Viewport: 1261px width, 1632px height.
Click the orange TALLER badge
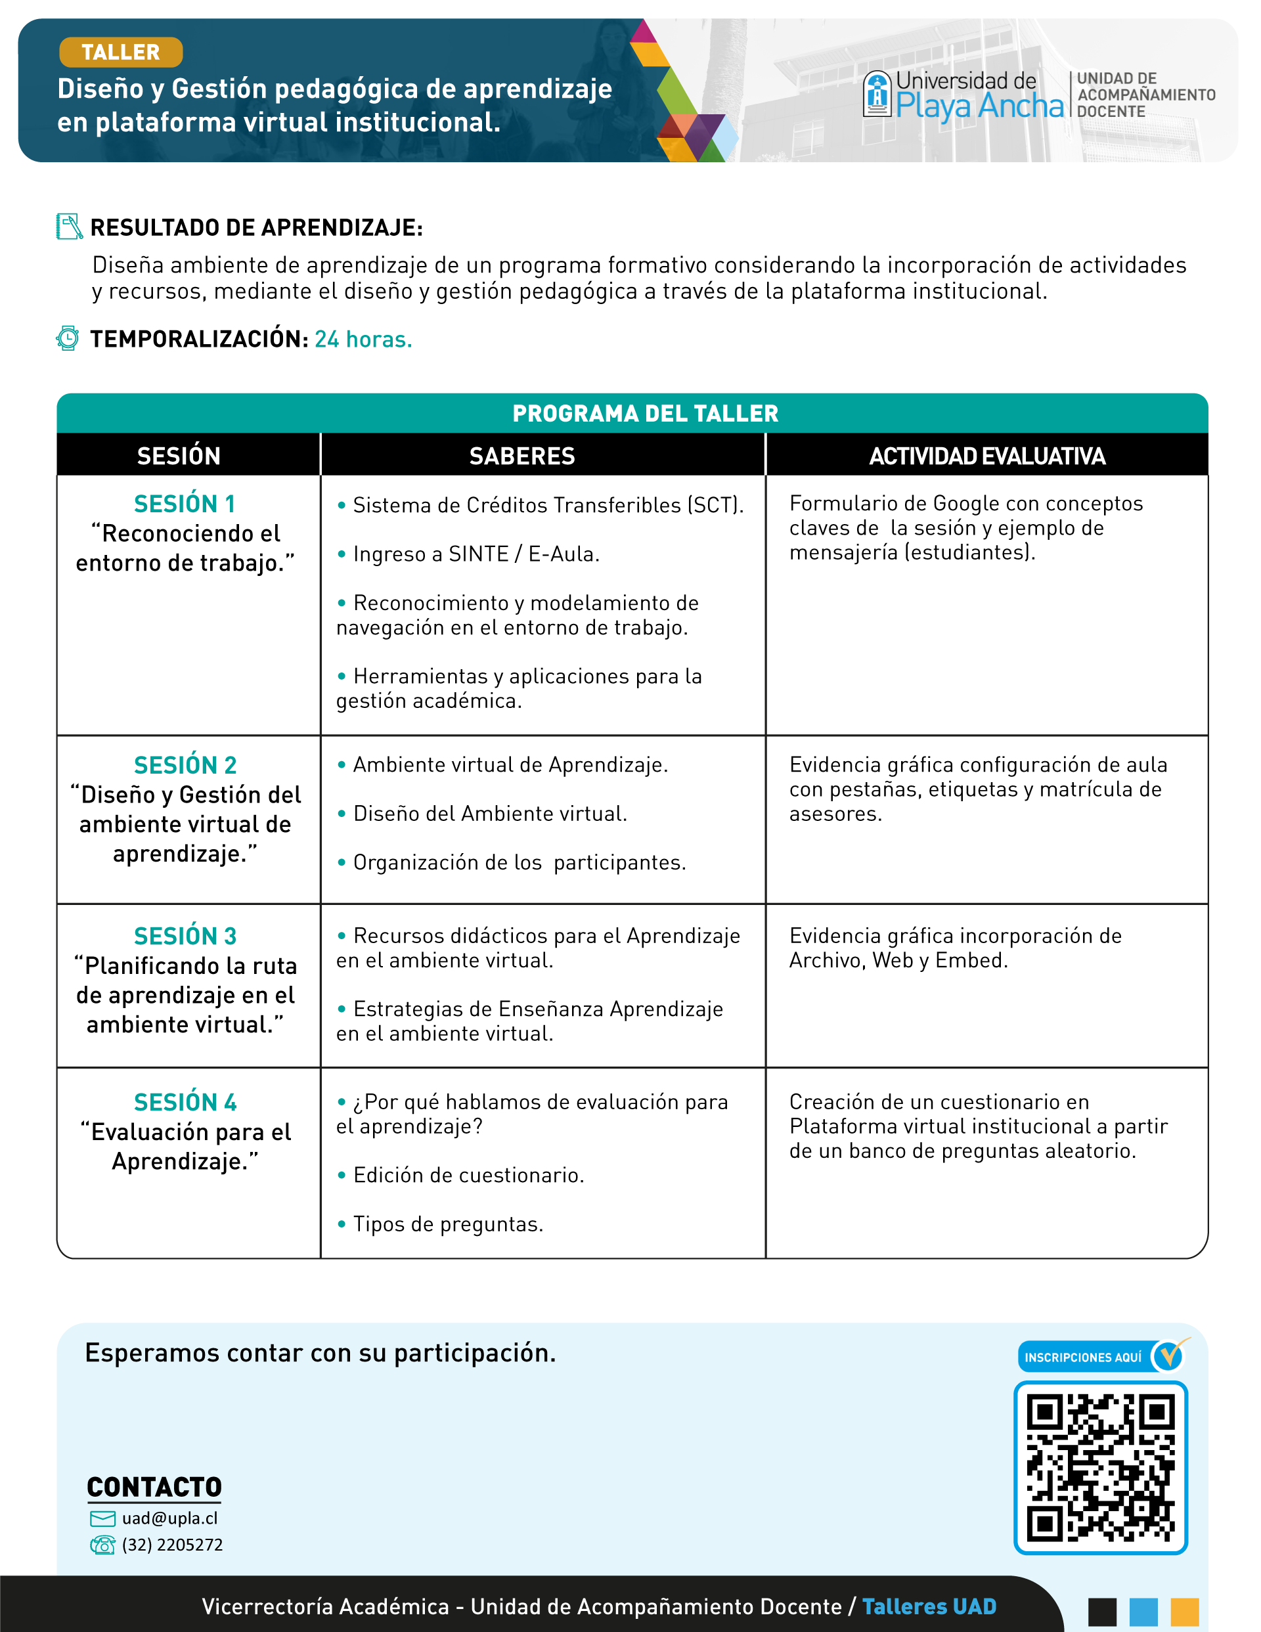tap(120, 53)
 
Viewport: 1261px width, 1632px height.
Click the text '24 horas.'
tap(363, 340)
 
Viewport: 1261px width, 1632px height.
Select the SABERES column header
tap(521, 456)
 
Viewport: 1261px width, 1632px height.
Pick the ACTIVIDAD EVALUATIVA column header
tap(986, 456)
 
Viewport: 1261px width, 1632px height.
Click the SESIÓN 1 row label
tap(185, 504)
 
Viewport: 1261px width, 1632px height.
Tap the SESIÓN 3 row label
tap(185, 937)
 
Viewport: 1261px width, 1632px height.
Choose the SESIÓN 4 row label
tap(185, 1102)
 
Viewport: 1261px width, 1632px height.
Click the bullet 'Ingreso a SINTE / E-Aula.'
tap(476, 554)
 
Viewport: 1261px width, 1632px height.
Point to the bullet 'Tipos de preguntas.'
tap(447, 1224)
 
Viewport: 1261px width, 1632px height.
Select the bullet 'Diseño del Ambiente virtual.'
tap(489, 814)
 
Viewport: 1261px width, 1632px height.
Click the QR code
tap(1100, 1468)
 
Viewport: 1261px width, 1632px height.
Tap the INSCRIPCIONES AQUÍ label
tap(1082, 1357)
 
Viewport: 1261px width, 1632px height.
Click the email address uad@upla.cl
tap(169, 1518)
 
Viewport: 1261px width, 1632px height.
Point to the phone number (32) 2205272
tap(172, 1545)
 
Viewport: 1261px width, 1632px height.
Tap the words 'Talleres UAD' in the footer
tap(929, 1606)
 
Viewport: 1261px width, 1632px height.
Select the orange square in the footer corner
tap(1184, 1612)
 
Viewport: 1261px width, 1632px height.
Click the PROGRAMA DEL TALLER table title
tap(645, 413)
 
